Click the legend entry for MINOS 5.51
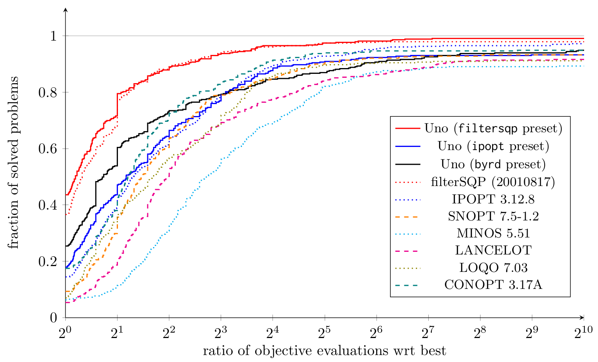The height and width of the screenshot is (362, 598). pos(493,233)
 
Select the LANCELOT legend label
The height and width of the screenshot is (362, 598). pos(493,250)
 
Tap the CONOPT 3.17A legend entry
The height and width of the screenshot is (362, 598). pos(493,285)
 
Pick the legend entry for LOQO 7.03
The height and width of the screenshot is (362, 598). pos(493,268)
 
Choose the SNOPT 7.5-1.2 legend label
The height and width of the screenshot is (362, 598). pos(493,216)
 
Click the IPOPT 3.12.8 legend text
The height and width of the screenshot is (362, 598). pos(493,199)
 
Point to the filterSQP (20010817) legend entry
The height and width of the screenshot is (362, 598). pos(493,182)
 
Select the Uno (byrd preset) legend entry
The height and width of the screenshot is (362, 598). pos(493,164)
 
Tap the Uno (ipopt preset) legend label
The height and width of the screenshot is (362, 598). pos(493,146)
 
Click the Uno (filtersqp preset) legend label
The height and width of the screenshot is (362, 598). pos(493,128)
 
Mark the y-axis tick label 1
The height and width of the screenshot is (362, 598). pos(54,36)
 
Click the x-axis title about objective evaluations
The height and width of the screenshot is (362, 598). pos(324,351)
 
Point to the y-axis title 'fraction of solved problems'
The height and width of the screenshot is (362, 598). pos(13,162)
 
